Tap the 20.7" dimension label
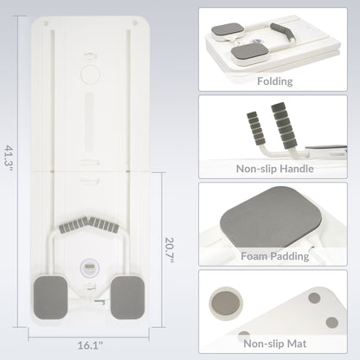point(170,250)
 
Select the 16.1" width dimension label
point(90,345)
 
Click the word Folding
point(274,81)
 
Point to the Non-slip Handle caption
point(274,169)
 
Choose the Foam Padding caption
point(274,256)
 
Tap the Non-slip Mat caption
point(274,344)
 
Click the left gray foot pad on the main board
point(51,298)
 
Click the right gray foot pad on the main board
point(127,298)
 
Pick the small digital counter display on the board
point(90,268)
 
